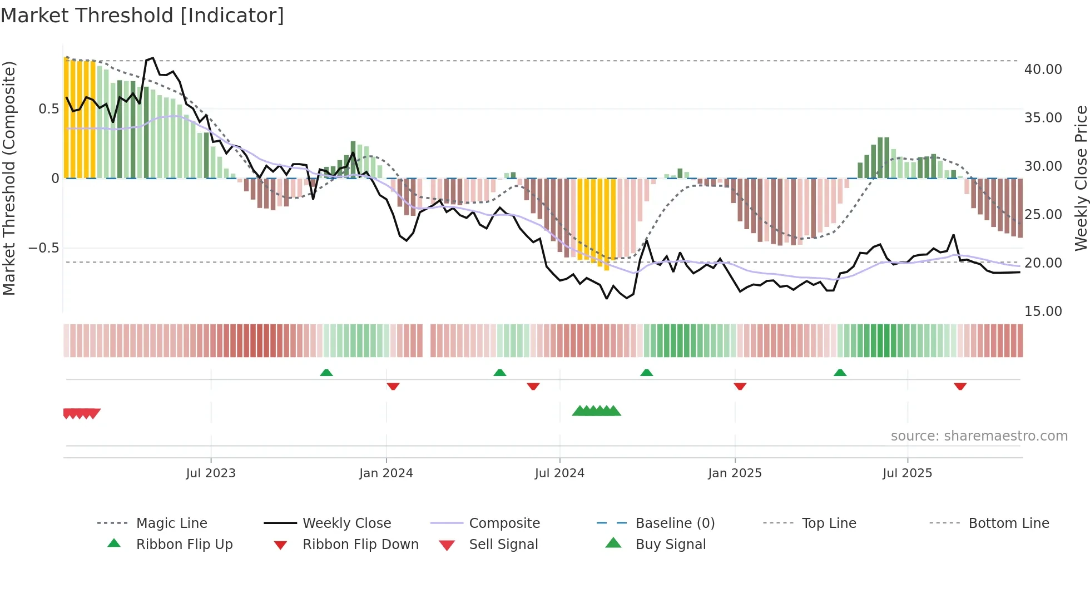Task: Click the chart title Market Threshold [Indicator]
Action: click(x=142, y=16)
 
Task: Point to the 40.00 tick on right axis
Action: click(x=1043, y=70)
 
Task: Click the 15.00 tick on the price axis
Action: click(x=1043, y=312)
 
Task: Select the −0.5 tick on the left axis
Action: click(x=44, y=248)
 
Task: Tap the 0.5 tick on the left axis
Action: click(x=48, y=109)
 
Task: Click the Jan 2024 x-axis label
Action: click(x=386, y=473)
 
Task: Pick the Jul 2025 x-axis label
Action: click(x=907, y=473)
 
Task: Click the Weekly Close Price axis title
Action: click(x=1081, y=178)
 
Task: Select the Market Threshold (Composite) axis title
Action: click(x=9, y=178)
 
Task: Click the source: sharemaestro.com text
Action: click(x=979, y=436)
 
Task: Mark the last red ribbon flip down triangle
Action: click(x=960, y=386)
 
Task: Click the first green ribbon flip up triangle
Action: click(x=326, y=373)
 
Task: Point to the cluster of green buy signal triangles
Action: click(x=596, y=411)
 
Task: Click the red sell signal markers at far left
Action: click(x=82, y=413)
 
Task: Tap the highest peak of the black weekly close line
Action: click(x=152, y=58)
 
